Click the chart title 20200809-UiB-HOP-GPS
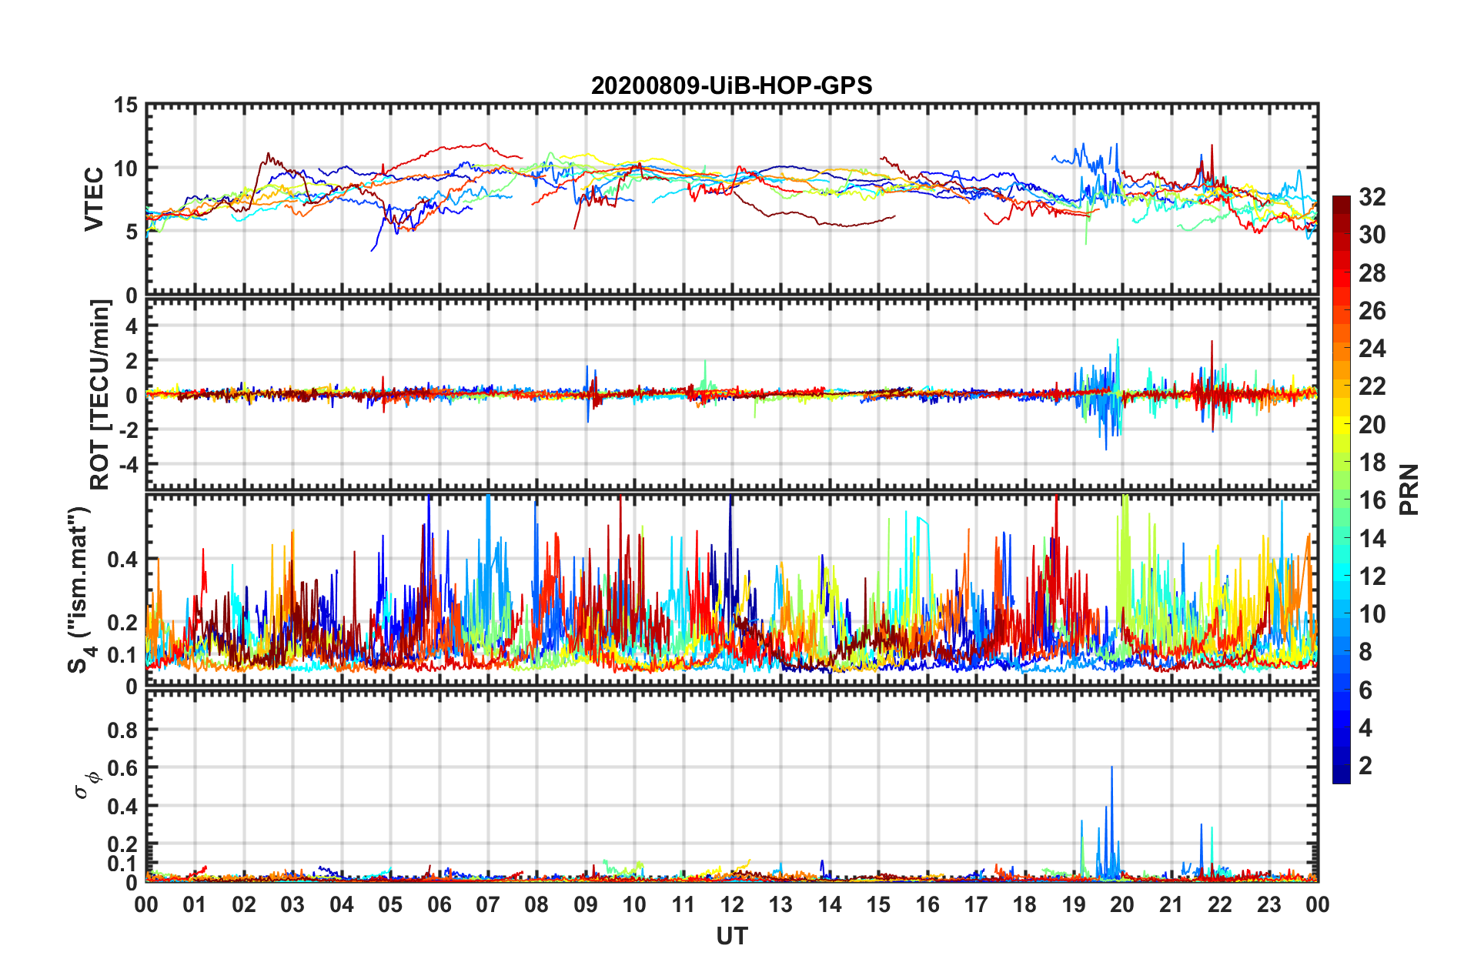[731, 85]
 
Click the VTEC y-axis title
[94, 199]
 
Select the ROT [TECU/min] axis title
[100, 395]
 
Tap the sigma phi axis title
[87, 784]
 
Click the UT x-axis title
[731, 936]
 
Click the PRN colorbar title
[1409, 489]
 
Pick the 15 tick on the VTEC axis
[125, 105]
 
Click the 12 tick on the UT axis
[732, 904]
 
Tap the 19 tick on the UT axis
[1074, 904]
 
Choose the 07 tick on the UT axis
[488, 904]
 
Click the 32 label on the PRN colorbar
[1372, 197]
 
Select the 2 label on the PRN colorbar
[1365, 766]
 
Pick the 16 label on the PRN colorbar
[1372, 500]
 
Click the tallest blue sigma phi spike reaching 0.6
[1111, 768]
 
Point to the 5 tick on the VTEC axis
[132, 232]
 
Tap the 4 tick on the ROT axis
[132, 326]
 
